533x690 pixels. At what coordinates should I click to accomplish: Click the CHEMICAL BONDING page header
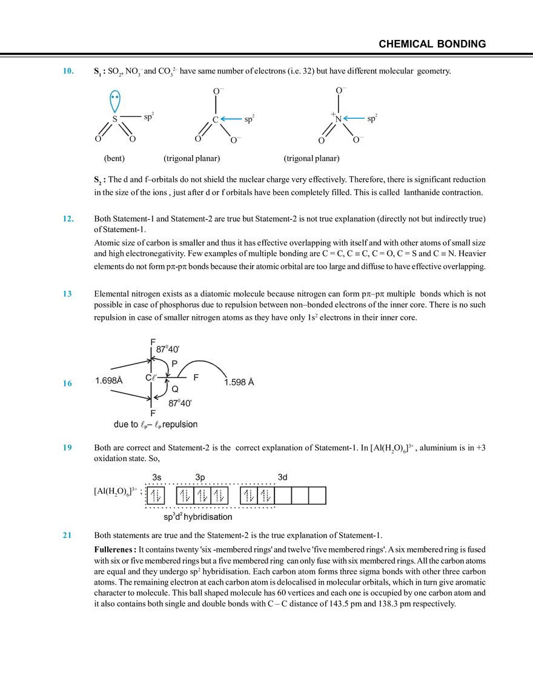(432, 44)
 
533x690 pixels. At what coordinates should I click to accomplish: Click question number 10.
(68, 71)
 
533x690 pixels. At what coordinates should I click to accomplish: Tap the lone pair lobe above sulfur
(115, 101)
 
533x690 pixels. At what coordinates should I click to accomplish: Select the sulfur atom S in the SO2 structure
(115, 119)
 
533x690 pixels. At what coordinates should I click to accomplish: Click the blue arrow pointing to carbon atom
(231, 119)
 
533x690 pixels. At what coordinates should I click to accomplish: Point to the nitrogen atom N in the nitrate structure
(338, 119)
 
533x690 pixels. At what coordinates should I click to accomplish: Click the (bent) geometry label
(114, 159)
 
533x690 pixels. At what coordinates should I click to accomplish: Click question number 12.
(68, 219)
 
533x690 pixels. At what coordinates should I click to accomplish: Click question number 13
(67, 294)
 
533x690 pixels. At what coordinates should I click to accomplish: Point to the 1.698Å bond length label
(108, 380)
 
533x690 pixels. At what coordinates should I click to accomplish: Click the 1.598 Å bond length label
(239, 382)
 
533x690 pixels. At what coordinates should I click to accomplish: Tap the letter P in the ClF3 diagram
(174, 364)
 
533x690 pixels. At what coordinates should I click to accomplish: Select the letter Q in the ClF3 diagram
(174, 389)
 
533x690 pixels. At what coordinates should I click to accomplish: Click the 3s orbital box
(156, 496)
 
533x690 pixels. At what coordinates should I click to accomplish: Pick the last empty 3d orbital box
(317, 496)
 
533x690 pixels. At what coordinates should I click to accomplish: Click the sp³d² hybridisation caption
(197, 517)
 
